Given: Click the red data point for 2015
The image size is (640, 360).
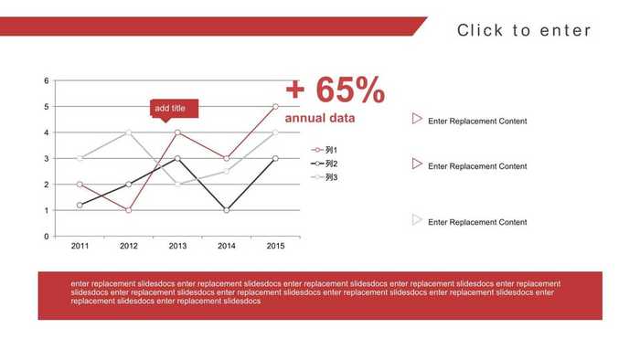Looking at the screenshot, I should click(275, 107).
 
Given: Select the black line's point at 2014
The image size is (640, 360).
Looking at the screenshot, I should click(227, 210).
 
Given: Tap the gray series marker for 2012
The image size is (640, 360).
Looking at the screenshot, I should click(129, 132).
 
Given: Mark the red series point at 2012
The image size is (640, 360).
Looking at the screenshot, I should click(129, 210).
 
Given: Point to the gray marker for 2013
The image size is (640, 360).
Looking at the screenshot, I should click(177, 185).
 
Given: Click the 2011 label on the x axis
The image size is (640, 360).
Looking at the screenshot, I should click(80, 246).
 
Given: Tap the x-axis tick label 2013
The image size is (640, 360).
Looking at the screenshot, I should click(177, 246).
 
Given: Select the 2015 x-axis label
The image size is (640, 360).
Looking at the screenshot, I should click(275, 246).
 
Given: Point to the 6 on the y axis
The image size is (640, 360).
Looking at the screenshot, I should click(47, 81).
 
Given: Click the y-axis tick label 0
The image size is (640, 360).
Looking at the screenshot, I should click(47, 236).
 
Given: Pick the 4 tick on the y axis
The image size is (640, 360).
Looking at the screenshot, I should click(47, 132).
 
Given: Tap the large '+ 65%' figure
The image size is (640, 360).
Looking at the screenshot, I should click(335, 90).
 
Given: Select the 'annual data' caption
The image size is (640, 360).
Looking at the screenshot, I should click(320, 119).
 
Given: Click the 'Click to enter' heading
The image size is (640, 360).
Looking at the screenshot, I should click(524, 31).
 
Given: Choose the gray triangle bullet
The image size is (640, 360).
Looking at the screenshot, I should click(417, 219).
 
